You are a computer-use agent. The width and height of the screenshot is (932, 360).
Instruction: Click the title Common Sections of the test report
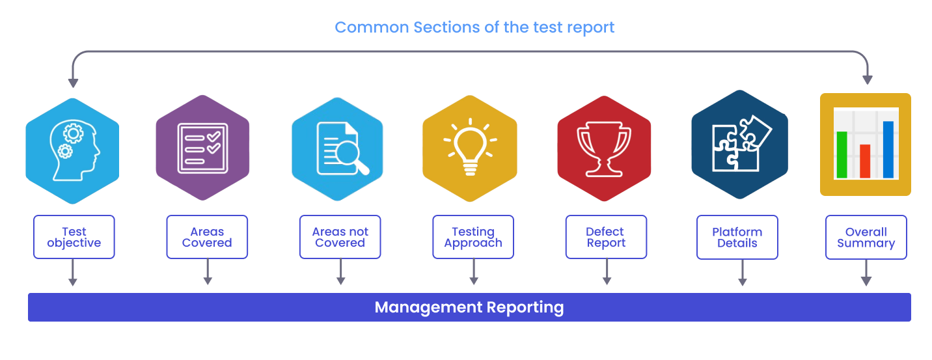[x=474, y=27]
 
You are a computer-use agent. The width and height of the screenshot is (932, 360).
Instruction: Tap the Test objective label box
[x=74, y=238]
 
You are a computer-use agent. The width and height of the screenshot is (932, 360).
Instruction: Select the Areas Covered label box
[x=207, y=238]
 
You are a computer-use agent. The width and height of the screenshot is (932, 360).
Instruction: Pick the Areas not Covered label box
[x=340, y=238]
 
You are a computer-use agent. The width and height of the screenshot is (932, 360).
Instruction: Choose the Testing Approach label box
[x=473, y=238]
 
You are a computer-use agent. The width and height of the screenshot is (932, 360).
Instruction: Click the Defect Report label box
[x=606, y=238]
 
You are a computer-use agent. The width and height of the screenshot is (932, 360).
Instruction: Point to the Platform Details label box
[x=737, y=238]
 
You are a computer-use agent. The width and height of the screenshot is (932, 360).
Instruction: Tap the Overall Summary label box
[x=866, y=238]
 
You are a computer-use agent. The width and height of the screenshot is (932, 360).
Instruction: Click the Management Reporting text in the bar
[x=469, y=307]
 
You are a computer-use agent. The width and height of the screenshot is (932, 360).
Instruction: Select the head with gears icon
[x=73, y=150]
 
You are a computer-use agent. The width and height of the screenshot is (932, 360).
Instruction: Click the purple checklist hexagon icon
[x=203, y=148]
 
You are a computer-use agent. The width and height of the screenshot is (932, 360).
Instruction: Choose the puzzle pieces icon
[x=740, y=144]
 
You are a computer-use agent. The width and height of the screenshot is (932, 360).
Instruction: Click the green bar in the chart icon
[x=842, y=154]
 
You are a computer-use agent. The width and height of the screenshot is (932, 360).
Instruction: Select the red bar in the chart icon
[x=865, y=161]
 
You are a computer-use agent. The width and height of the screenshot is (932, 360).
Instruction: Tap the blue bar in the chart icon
[x=888, y=149]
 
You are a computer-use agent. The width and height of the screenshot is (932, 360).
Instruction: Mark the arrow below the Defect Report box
[x=607, y=273]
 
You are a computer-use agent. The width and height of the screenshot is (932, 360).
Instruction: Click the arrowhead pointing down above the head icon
[x=74, y=83]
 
